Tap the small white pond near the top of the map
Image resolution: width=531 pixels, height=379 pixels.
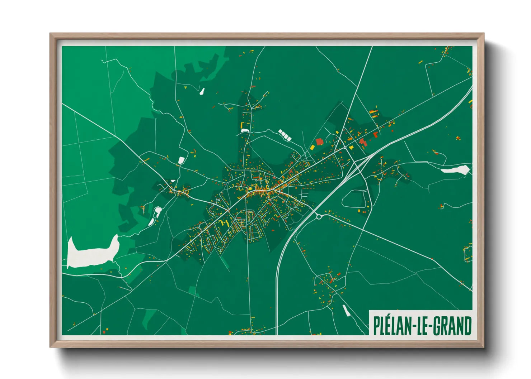pos(202,91)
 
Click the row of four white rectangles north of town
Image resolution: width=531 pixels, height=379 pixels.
pos(285,135)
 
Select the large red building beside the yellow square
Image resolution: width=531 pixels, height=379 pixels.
pos(319,142)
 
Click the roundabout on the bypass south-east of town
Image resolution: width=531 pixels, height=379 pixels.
pos(318,216)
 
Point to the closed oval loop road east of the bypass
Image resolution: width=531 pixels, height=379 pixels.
pos(355,199)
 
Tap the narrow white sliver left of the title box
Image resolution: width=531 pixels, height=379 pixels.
pos(346,311)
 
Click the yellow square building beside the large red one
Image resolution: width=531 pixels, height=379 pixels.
pos(312,147)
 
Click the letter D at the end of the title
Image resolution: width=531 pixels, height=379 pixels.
pos(467,326)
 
